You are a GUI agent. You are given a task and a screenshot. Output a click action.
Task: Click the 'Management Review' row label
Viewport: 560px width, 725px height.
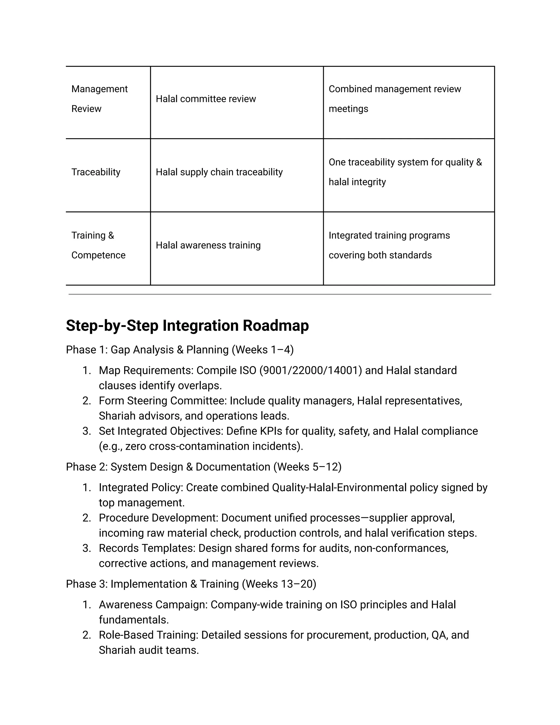tap(99, 98)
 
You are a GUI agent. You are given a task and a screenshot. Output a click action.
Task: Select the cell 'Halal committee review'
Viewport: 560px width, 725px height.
tap(206, 99)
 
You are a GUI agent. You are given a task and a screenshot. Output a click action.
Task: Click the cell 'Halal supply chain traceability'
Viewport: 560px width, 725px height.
tap(219, 172)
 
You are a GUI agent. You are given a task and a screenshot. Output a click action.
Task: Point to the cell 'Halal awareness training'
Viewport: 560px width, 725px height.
tap(208, 245)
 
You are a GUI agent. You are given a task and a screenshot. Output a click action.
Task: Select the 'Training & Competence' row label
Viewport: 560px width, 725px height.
tap(98, 245)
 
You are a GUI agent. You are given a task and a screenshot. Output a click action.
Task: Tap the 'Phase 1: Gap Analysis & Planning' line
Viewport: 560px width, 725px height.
tap(179, 350)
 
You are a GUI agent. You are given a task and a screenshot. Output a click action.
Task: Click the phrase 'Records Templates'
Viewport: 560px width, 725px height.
tap(147, 548)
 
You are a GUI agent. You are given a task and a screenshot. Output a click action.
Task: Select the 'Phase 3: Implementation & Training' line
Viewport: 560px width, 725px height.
tap(191, 584)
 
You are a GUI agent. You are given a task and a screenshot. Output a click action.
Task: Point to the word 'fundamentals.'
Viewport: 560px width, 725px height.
tap(134, 620)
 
